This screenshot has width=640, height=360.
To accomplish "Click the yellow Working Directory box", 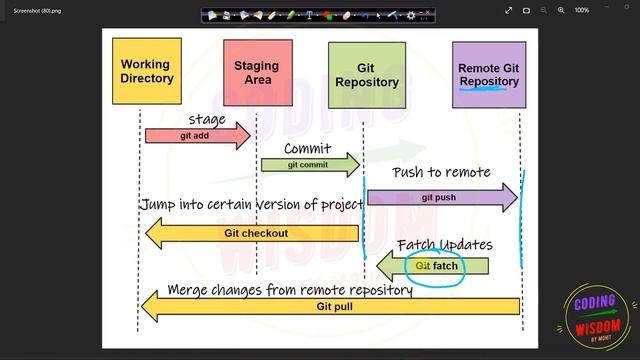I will point(147,71).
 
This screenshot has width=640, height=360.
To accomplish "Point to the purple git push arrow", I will point(441,198).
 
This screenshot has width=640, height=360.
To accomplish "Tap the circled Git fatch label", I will point(436,267).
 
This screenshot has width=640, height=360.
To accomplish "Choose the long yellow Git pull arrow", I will point(330,306).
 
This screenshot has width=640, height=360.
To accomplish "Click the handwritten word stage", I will point(207,120).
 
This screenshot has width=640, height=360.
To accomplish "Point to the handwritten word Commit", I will point(307,149).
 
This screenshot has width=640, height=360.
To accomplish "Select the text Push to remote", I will point(441,172).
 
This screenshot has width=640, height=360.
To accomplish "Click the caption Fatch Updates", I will point(444,245).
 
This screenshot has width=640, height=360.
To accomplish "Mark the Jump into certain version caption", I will point(251,204).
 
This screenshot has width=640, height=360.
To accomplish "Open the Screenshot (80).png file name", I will point(36,10).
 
